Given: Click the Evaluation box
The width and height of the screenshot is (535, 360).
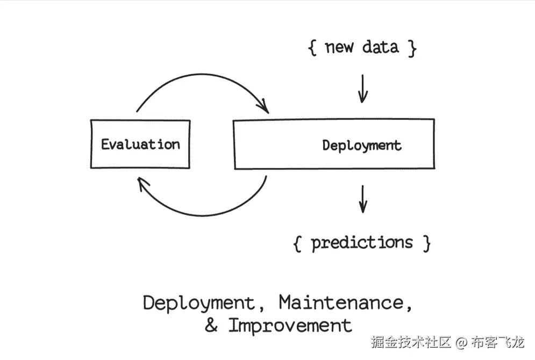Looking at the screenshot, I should click(x=140, y=156).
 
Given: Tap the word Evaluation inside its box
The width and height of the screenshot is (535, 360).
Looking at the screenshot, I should click(x=140, y=144).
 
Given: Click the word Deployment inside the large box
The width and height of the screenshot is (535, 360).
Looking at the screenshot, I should click(x=361, y=145).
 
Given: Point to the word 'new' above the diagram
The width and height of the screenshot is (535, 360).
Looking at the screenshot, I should click(x=339, y=47).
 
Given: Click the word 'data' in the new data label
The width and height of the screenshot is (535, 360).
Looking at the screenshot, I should click(x=380, y=47).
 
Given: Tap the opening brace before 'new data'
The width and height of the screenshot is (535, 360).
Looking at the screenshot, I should click(x=312, y=48).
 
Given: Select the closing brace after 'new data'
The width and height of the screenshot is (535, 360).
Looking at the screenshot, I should click(x=411, y=48).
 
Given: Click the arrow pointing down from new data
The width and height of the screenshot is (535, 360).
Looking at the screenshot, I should click(x=363, y=88).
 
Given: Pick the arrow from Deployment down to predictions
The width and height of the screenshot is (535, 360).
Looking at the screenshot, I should click(x=363, y=198).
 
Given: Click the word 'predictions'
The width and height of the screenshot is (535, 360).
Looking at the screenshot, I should click(x=362, y=243).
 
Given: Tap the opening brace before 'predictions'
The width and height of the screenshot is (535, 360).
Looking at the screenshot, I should click(x=297, y=243).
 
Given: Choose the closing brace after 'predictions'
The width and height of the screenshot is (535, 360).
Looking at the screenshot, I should click(x=426, y=243).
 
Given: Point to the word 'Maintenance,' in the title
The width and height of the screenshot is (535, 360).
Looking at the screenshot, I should click(x=346, y=304).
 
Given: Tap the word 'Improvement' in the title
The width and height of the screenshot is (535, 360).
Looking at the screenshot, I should click(x=290, y=326).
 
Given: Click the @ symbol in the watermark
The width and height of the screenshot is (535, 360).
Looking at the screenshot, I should click(x=461, y=342).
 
